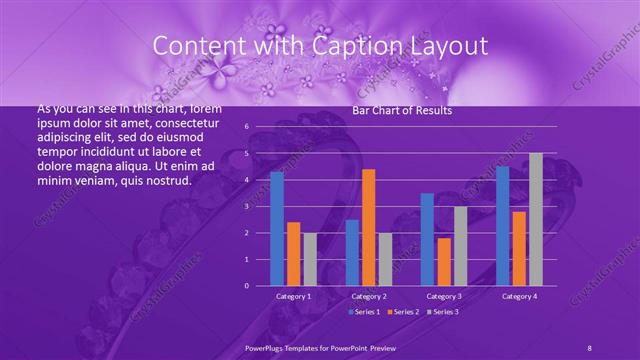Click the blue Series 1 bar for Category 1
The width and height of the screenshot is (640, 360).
[x=277, y=229]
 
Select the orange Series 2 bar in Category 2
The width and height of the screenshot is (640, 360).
[x=368, y=227]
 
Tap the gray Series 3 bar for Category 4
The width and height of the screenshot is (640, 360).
[x=536, y=219]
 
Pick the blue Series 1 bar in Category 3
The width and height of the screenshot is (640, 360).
[x=427, y=239]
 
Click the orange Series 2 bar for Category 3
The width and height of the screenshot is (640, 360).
[x=443, y=261]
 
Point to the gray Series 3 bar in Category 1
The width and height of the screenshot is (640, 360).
[x=310, y=259]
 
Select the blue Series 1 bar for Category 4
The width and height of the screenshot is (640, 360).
[x=502, y=226]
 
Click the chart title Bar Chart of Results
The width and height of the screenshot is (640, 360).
[x=402, y=111]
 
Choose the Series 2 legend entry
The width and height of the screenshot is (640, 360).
[x=403, y=312]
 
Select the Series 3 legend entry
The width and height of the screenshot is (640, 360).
[x=443, y=312]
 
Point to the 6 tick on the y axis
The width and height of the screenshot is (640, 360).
[x=246, y=127]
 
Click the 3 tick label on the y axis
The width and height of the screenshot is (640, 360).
[x=246, y=206]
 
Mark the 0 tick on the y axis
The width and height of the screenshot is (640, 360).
[x=246, y=285]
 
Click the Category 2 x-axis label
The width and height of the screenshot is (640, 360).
[x=369, y=296]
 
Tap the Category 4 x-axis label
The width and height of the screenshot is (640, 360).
[x=519, y=296]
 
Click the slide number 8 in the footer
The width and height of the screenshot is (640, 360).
[x=589, y=347]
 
